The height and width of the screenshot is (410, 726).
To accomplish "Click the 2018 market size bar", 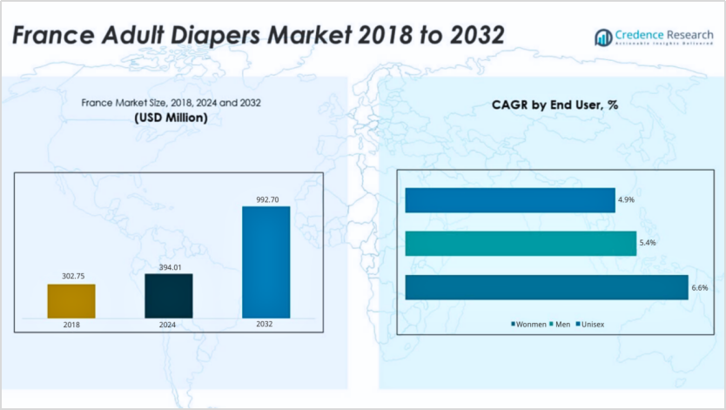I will click(71, 300).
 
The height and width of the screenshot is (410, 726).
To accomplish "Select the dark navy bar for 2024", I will click(168, 295).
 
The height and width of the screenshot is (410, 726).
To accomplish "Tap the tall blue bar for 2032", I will click(266, 262).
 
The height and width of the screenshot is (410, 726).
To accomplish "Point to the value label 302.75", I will click(71, 276).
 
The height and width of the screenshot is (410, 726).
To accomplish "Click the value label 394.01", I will click(168, 266).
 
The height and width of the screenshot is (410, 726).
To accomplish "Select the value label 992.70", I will click(266, 198).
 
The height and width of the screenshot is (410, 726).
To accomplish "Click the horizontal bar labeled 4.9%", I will click(509, 200).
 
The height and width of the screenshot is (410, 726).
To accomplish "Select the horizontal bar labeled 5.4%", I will click(521, 244).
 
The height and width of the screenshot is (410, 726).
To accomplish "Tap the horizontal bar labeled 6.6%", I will click(546, 287).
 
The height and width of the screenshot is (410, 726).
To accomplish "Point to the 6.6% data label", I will click(700, 287).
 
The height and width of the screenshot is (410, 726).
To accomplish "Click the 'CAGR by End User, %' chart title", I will click(555, 105).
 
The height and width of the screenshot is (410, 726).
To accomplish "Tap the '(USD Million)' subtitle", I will click(171, 118).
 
